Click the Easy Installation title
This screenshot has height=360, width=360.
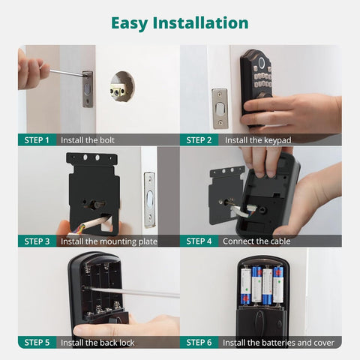[x=180, y=22]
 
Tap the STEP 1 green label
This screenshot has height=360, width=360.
[x=37, y=139]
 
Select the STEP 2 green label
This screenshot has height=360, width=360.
[x=199, y=139]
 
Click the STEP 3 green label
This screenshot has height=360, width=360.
[x=37, y=241]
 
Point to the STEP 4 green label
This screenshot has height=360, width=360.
[x=199, y=241]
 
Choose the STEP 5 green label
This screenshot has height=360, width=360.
[x=37, y=342]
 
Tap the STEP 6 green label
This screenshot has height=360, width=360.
[x=199, y=342]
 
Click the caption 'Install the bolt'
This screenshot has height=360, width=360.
[x=88, y=139]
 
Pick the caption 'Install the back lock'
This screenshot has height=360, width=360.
[x=97, y=342]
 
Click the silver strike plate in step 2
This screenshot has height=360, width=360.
[x=219, y=108]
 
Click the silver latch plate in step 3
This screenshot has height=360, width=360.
[x=149, y=199]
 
